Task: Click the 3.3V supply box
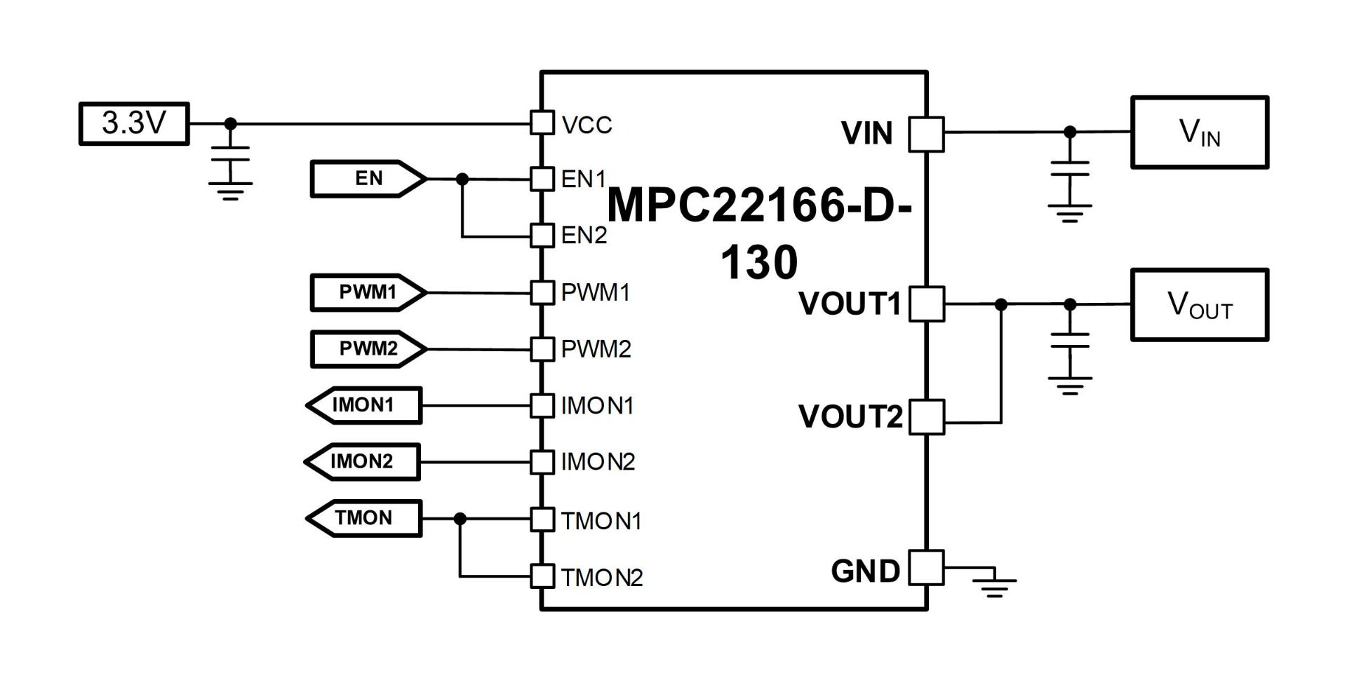click(134, 123)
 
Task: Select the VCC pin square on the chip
click(542, 123)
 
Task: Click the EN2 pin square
click(542, 235)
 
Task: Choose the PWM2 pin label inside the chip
click(596, 349)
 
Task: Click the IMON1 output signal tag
click(364, 405)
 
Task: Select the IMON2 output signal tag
click(363, 461)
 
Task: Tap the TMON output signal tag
click(364, 518)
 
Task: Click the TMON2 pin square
click(542, 576)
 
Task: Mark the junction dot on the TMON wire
click(460, 519)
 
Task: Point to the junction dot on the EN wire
click(462, 179)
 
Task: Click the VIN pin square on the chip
click(926, 133)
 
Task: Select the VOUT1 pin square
click(926, 304)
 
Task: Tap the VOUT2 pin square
click(926, 417)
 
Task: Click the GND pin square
click(926, 567)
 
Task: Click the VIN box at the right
click(1200, 132)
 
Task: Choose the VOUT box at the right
click(1200, 305)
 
